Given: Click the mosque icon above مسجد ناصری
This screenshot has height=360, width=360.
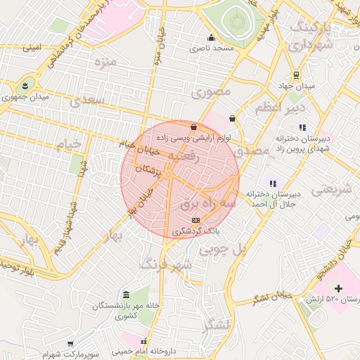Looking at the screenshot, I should [210, 38].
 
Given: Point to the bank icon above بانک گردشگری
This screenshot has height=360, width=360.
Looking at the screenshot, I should [195, 220].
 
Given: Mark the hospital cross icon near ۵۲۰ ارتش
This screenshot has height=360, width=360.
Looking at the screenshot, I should [339, 288].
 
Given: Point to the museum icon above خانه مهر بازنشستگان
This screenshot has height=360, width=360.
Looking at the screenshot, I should [126, 294].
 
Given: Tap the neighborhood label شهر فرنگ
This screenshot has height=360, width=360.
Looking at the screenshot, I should [166, 264].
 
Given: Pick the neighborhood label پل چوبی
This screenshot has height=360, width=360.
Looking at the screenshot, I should [224, 249].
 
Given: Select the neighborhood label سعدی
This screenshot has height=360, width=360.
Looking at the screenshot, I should [87, 101].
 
